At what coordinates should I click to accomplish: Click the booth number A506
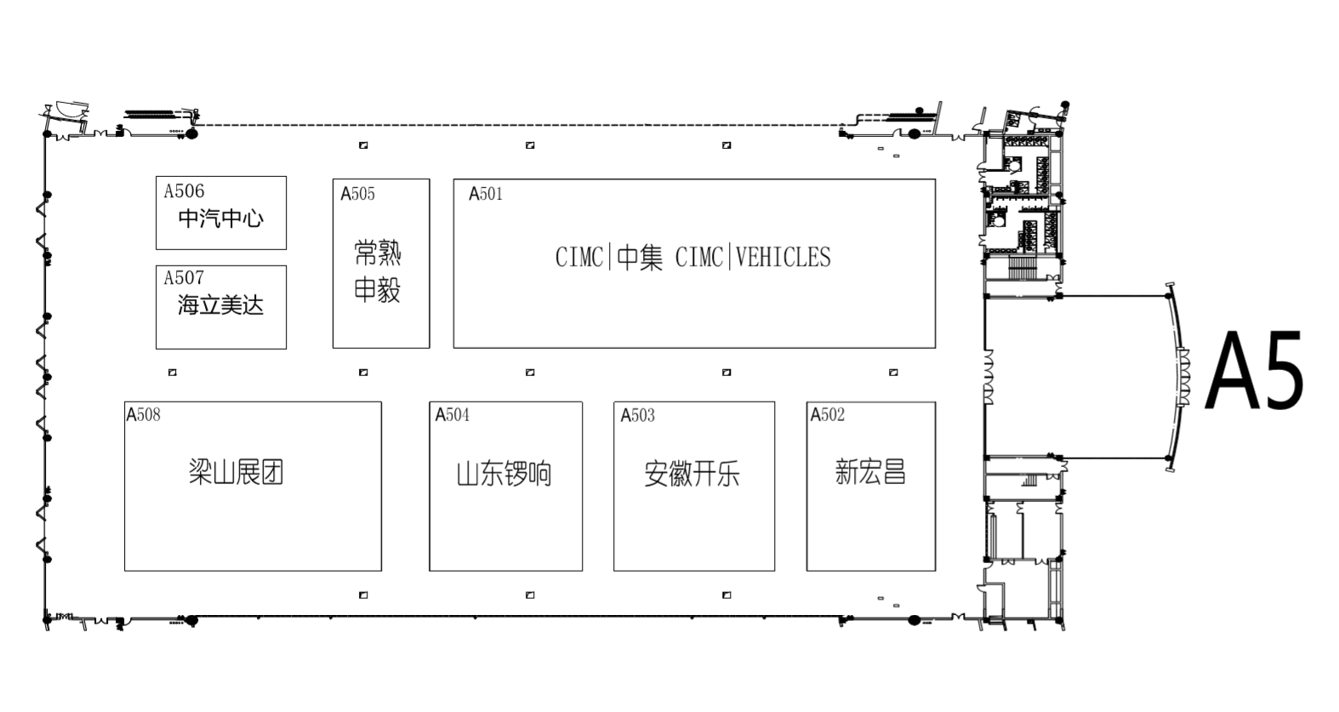click(184, 191)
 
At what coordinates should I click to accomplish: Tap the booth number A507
click(184, 278)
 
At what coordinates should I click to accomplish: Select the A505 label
click(357, 194)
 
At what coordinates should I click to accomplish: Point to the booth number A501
click(486, 194)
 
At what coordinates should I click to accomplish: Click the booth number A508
click(143, 415)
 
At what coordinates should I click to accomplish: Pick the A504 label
click(452, 415)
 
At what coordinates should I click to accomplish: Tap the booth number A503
click(637, 416)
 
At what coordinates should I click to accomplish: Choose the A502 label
click(827, 415)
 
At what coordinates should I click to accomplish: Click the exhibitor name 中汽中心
click(220, 219)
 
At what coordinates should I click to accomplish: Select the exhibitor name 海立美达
click(220, 305)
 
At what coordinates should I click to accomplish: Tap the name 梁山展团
click(236, 472)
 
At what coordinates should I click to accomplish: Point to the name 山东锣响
click(504, 474)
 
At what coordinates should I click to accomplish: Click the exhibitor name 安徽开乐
click(692, 474)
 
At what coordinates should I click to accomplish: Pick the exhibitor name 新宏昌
click(870, 472)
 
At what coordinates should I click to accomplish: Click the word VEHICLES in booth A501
click(783, 258)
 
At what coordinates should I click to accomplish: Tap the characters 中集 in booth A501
click(640, 258)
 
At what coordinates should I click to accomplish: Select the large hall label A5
click(1255, 372)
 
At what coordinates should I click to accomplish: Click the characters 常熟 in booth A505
click(378, 253)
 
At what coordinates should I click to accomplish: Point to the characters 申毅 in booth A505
click(378, 291)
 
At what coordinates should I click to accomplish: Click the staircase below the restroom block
click(1020, 267)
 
